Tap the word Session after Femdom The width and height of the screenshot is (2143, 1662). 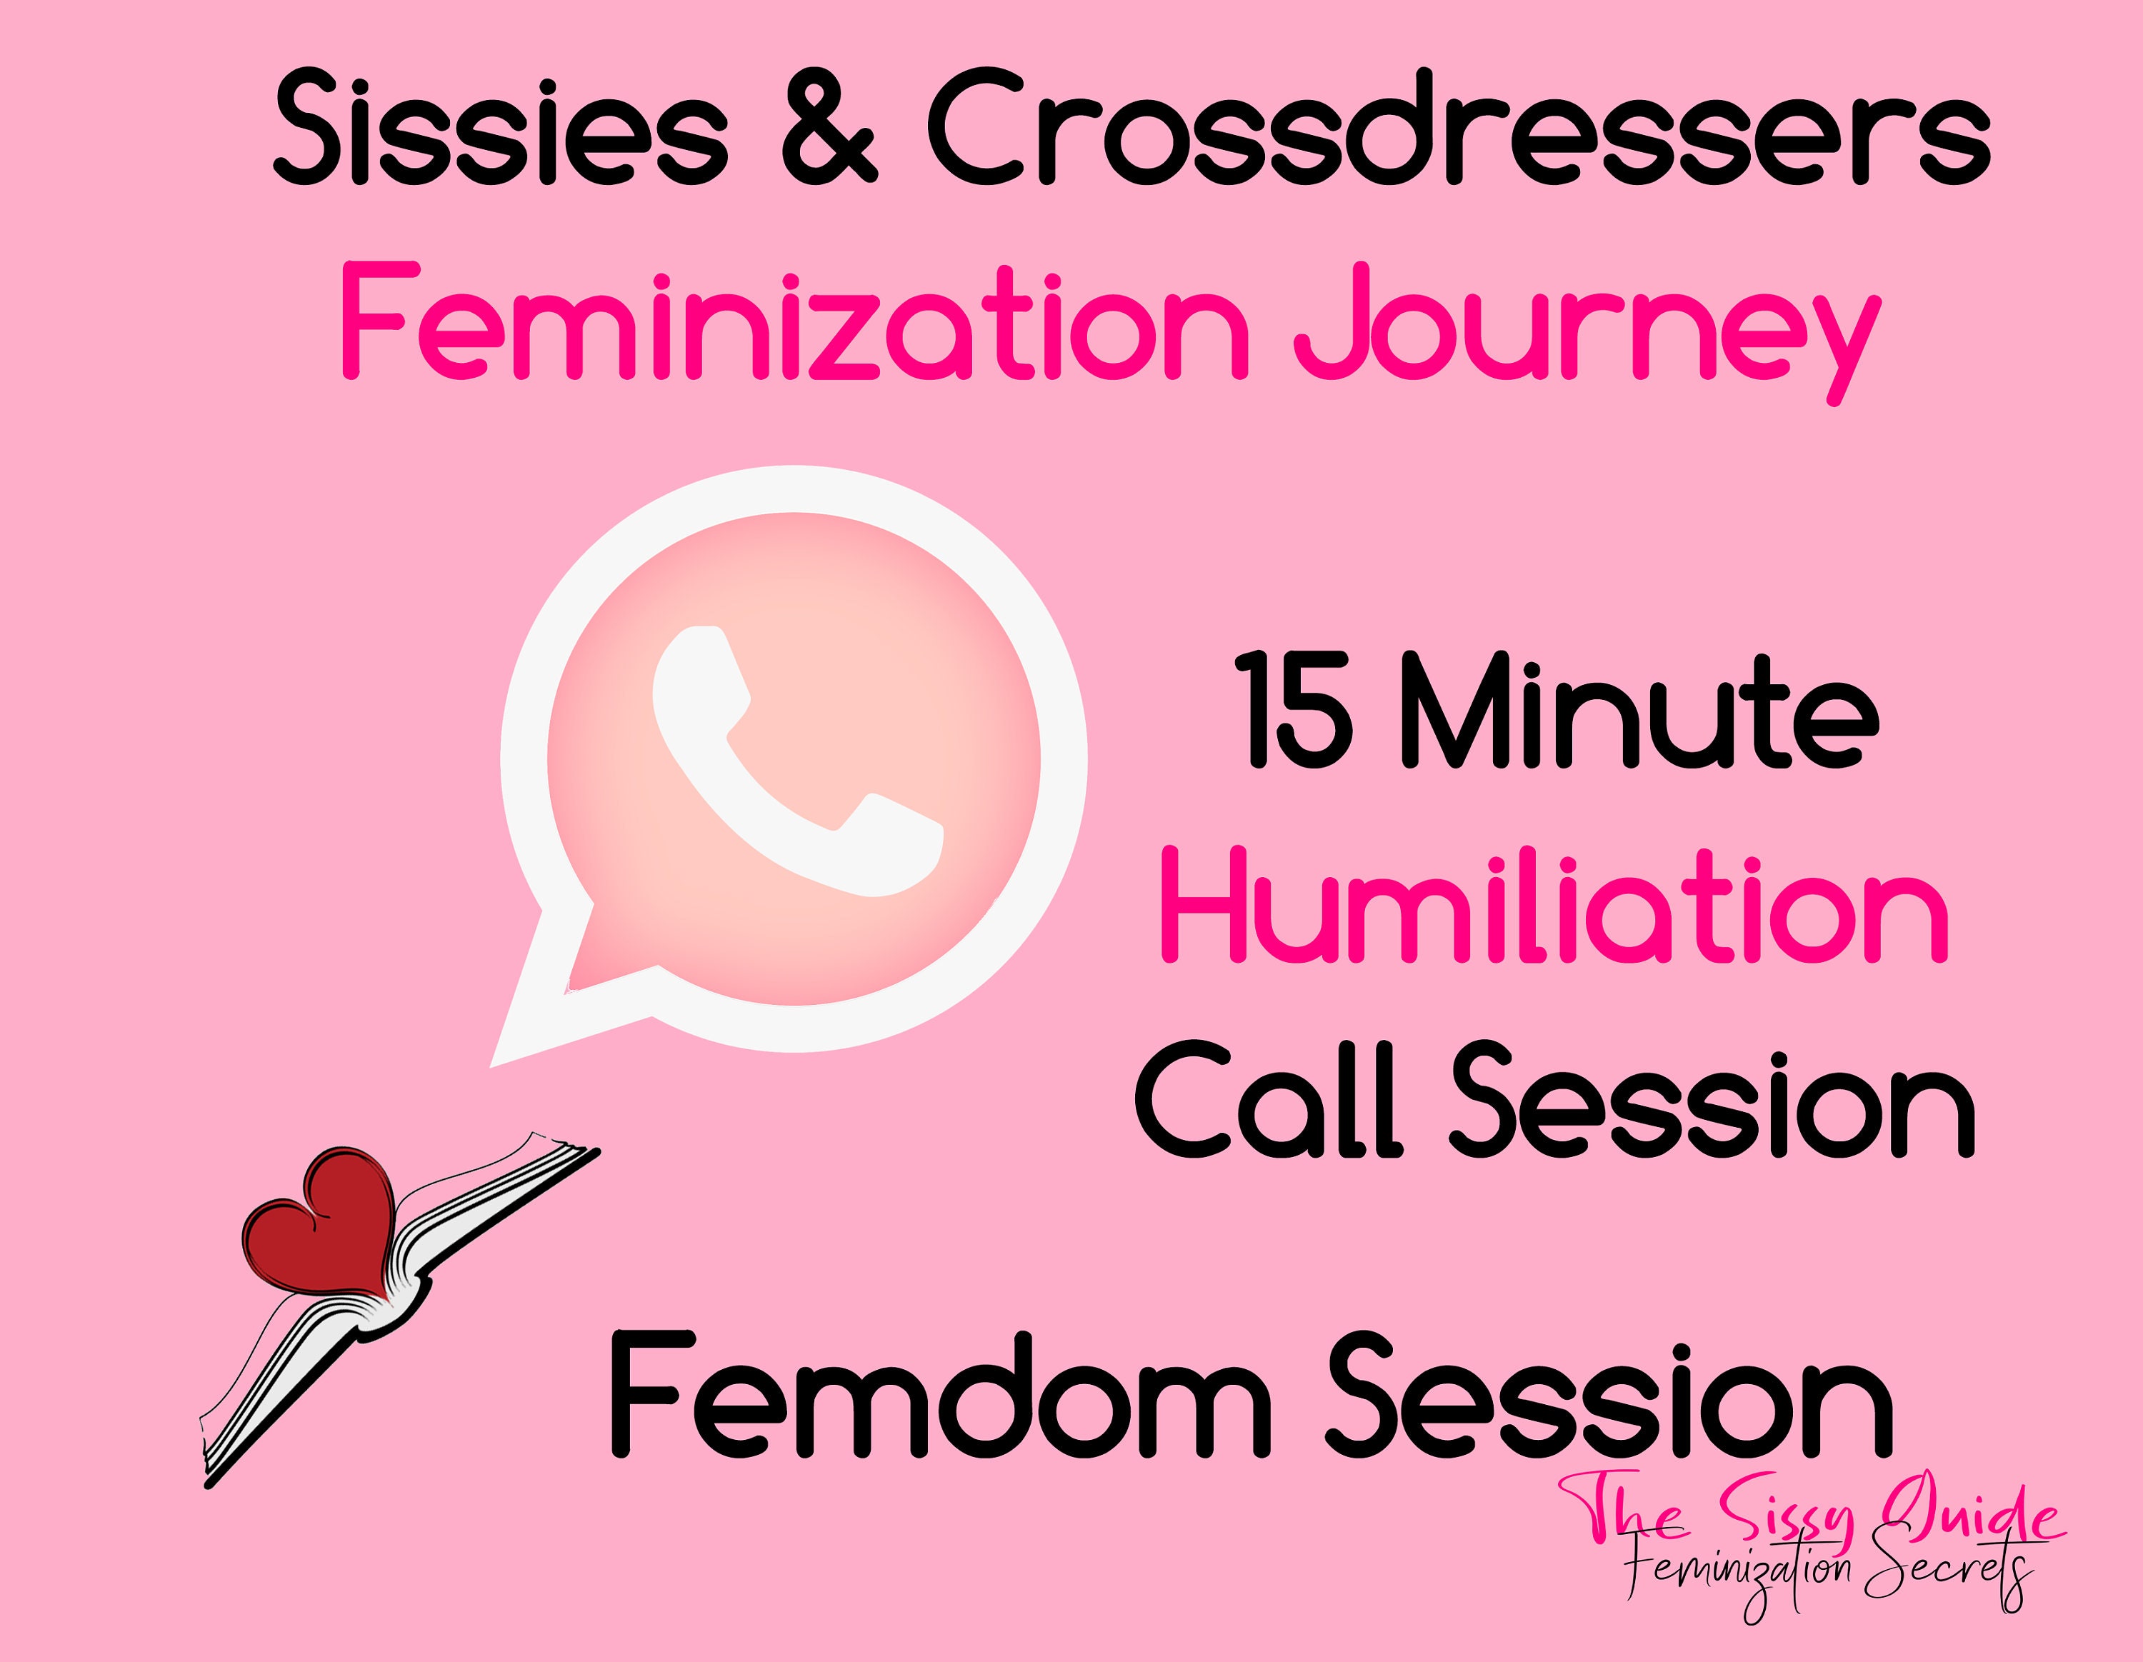click(x=1610, y=1393)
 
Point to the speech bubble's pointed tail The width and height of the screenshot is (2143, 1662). click(x=493, y=1063)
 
